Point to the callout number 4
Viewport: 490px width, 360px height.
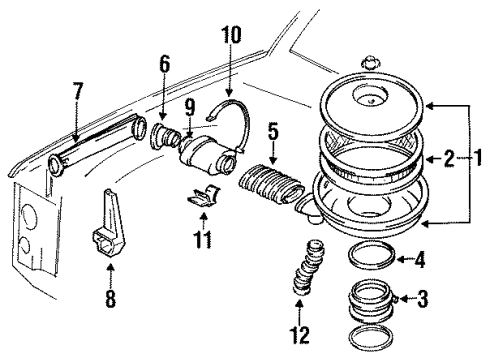[421, 262]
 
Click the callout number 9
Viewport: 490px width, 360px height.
[187, 105]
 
